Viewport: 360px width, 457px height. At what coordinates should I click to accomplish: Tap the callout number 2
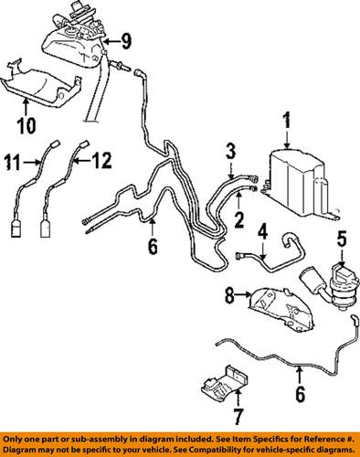[239, 219]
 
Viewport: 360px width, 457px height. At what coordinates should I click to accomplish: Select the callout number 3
[231, 150]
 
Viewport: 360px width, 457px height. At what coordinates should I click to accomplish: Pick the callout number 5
[343, 240]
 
